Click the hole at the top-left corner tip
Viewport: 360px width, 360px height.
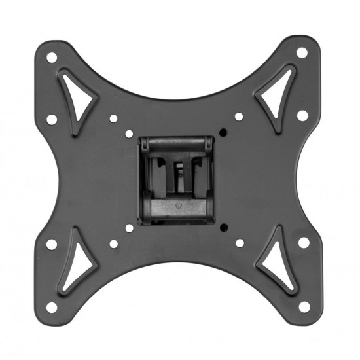(52, 58)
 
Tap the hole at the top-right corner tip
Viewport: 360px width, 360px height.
(302, 53)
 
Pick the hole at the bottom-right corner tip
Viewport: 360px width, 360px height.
(302, 306)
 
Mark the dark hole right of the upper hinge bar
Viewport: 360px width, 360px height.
(223, 132)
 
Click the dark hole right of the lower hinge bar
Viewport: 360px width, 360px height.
(224, 228)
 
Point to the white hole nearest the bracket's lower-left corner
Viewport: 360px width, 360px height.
(129, 228)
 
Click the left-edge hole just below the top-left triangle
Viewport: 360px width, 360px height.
(52, 119)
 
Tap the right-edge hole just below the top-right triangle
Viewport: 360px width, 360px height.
(302, 116)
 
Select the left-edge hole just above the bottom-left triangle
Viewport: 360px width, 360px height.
(52, 244)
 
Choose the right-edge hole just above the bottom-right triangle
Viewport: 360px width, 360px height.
(303, 242)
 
